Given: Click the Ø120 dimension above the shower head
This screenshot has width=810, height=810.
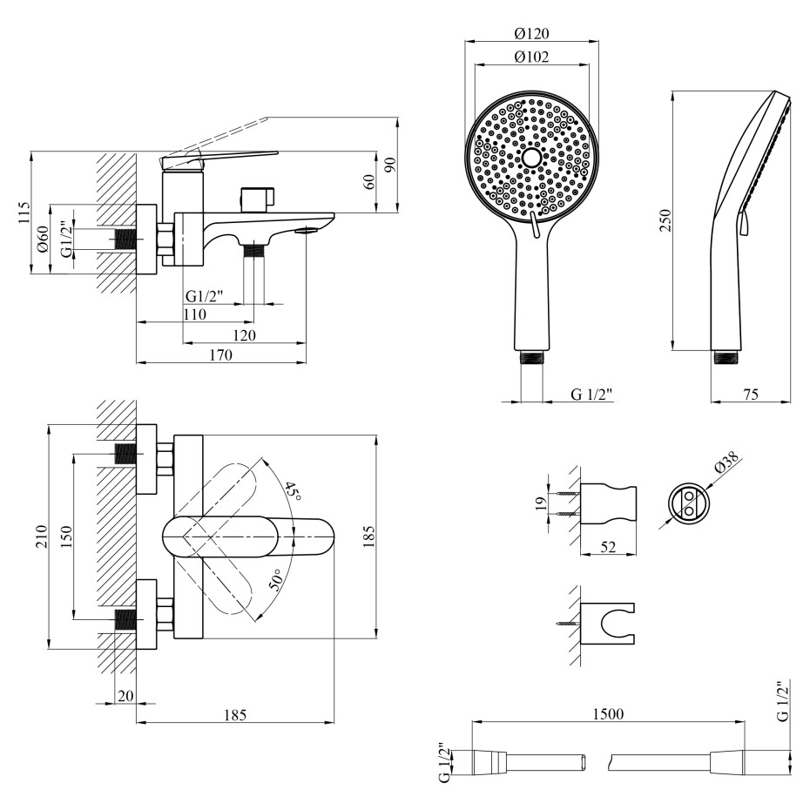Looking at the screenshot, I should coord(530,34).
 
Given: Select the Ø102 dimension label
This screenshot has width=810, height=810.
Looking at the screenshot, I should coord(530,57).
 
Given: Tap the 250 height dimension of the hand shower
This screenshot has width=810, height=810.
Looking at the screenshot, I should coord(664,220).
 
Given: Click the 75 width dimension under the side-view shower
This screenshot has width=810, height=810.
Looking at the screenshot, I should coord(749,395).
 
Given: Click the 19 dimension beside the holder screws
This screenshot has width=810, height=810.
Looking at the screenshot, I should coord(539,503).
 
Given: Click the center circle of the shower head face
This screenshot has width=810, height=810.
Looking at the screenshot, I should coord(530,158).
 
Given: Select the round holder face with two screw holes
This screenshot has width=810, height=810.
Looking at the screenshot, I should coord(688,502).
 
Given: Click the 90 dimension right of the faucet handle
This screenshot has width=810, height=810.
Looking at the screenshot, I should coord(392,164).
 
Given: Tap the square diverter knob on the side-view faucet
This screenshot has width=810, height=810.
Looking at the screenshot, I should coord(257,199).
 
